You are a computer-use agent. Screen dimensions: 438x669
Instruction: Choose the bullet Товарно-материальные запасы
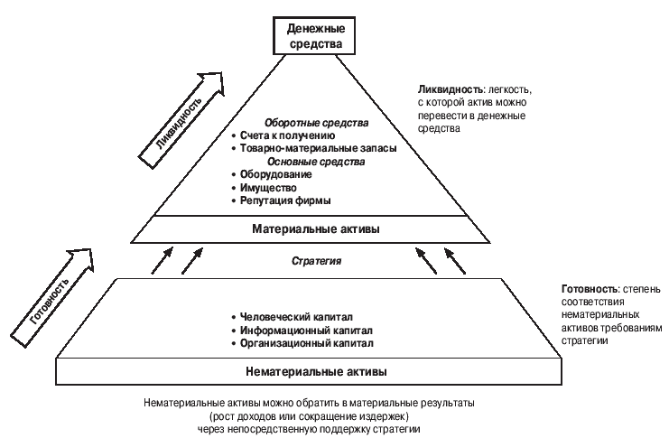click(x=312, y=148)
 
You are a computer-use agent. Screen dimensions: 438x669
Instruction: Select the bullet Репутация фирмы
click(x=285, y=200)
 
